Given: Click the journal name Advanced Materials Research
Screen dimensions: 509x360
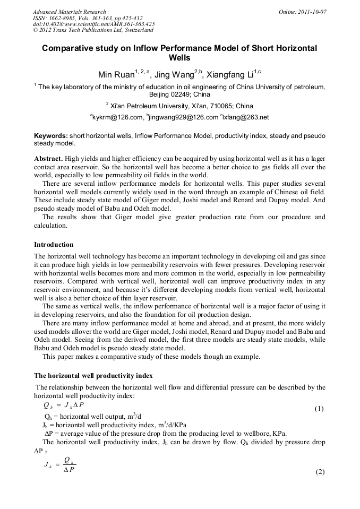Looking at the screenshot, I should (69, 12).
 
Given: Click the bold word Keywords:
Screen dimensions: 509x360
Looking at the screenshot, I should (50, 136).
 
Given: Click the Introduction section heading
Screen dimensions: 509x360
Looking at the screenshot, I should (54, 245).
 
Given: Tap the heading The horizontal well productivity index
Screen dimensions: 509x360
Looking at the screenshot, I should (93, 376).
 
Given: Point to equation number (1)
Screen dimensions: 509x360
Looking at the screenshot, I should (319, 409).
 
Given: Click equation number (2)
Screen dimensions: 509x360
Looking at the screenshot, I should (320, 472).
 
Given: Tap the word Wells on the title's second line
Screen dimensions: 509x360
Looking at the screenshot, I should (179, 58).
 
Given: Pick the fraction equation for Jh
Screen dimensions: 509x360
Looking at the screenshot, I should (61, 464).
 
